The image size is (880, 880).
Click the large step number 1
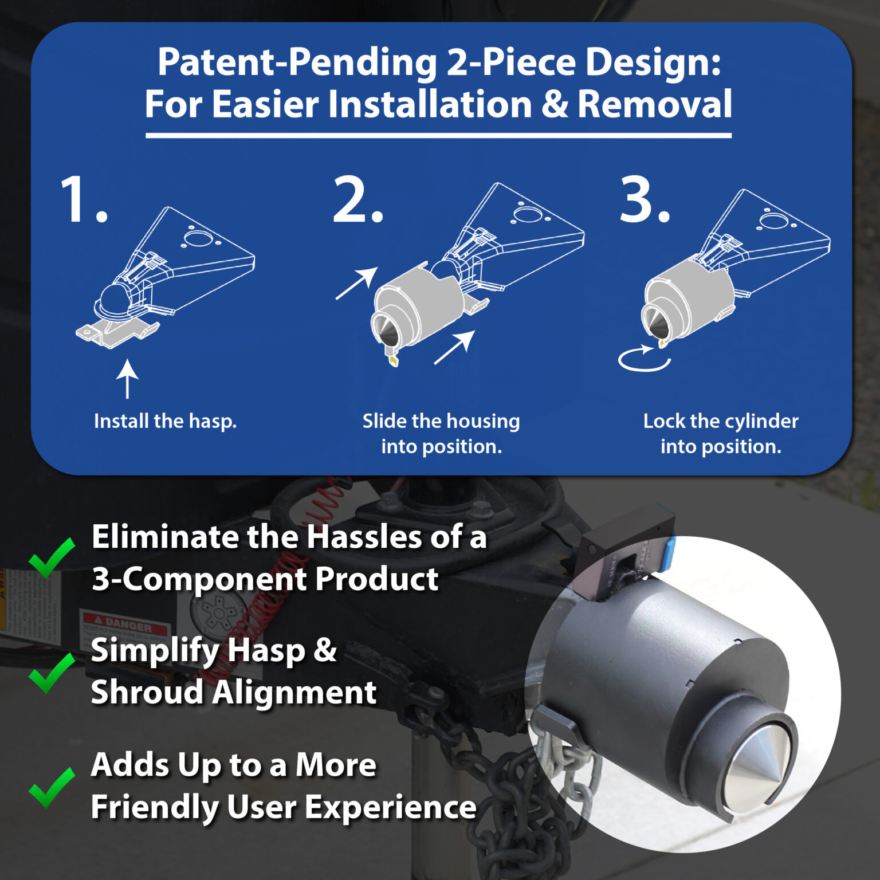click(84, 199)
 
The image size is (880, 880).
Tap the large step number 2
click(358, 199)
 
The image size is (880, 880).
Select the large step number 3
click(645, 199)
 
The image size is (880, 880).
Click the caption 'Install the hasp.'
click(165, 421)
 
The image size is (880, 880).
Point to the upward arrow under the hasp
click(127, 379)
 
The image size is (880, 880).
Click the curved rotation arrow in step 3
click(644, 359)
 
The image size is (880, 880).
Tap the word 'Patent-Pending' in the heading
click(297, 62)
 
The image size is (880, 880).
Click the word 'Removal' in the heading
click(654, 104)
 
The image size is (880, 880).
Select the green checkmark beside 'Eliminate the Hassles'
click(52, 558)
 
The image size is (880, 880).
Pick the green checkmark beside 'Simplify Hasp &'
click(52, 673)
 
